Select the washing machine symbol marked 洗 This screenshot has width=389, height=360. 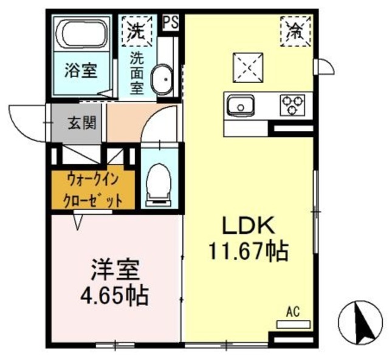point(139,29)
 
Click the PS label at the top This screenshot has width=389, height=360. point(171,22)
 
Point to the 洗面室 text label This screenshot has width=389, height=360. point(138,73)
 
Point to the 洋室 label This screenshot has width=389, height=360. point(115,269)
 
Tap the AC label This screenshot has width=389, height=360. point(293,313)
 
